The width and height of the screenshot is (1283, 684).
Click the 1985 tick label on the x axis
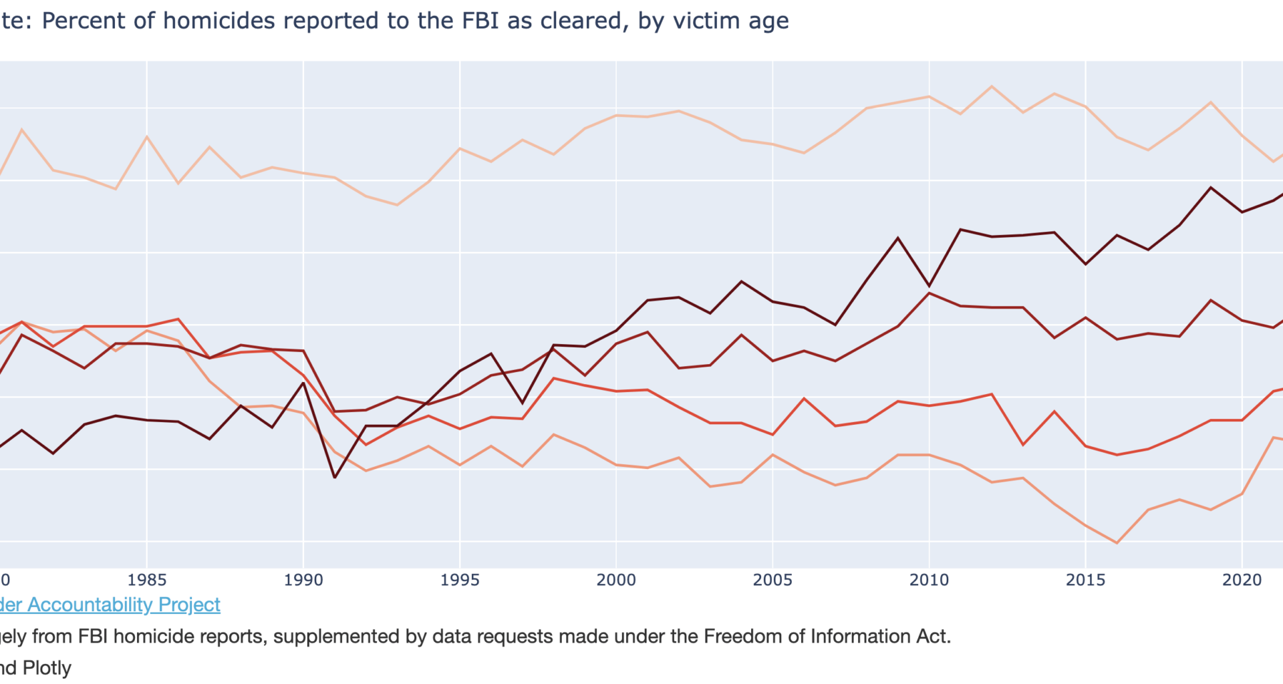click(147, 580)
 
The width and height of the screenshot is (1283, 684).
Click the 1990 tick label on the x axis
click(303, 580)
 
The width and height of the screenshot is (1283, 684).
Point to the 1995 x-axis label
click(460, 580)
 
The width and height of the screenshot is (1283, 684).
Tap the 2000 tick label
click(616, 580)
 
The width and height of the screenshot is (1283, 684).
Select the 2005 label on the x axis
click(772, 580)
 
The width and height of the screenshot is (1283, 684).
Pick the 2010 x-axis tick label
click(929, 580)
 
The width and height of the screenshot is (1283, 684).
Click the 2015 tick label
click(1085, 580)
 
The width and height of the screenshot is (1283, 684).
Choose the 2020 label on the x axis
click(1242, 580)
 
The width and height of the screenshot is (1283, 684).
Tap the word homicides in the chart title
click(219, 21)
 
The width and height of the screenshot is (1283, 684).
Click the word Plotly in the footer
click(47, 668)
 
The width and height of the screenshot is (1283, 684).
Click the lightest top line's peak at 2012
click(992, 86)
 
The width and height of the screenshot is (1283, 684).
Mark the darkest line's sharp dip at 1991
click(335, 478)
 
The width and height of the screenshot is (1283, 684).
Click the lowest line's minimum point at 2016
click(1117, 543)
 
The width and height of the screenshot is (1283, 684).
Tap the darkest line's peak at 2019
click(1211, 188)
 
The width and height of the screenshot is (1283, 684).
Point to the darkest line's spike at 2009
click(898, 238)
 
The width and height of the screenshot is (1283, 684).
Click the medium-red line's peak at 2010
click(930, 293)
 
